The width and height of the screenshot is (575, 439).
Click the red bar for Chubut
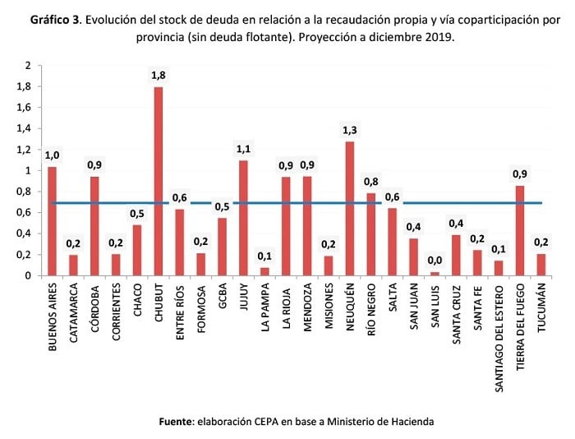pos(158,181)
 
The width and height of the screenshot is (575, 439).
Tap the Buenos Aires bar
pos(52,221)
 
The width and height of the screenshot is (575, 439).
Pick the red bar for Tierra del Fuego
pos(519,230)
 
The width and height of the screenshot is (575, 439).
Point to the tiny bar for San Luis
pos(435,273)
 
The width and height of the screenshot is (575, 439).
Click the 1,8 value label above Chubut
pos(158,76)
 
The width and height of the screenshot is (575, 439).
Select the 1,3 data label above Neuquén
pos(350,130)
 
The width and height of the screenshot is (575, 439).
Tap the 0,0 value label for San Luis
pos(435,260)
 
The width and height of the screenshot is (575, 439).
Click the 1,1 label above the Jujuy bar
pos(243,149)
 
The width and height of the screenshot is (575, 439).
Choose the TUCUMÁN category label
pos(541,308)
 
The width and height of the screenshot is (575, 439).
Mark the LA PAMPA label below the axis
pos(265,306)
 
